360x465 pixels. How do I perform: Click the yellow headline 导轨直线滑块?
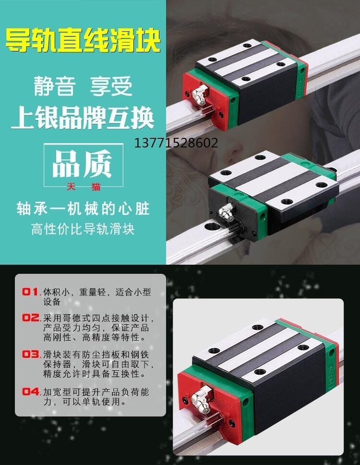click(83, 40)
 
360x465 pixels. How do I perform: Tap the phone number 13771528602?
click(176, 143)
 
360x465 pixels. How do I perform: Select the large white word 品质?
click(83, 164)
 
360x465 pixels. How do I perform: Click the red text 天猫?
click(84, 187)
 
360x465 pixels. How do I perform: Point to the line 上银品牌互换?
click(83, 118)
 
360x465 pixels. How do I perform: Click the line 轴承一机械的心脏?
click(83, 208)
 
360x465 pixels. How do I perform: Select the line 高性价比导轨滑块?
click(83, 229)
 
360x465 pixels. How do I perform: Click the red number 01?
click(30, 292)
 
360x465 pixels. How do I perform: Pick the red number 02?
click(31, 318)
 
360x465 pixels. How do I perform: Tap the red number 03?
click(31, 354)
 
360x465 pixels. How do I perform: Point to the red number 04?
click(31, 392)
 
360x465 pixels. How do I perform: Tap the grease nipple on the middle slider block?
click(225, 211)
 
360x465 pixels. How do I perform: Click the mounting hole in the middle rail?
click(213, 227)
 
